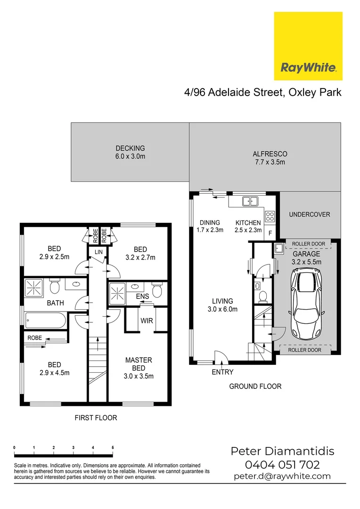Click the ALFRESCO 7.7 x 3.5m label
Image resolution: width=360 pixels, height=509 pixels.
(x=270, y=158)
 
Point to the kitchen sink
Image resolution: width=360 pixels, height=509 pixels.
(x=250, y=202)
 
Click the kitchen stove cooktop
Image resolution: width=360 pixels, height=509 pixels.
(x=270, y=216)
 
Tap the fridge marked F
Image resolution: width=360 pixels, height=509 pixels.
(x=270, y=233)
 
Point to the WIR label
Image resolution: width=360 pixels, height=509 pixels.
(x=147, y=321)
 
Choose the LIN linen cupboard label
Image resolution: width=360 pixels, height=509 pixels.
(x=98, y=252)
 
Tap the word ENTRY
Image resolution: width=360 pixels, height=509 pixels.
(x=222, y=372)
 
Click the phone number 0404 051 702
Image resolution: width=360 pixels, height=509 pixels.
(x=282, y=465)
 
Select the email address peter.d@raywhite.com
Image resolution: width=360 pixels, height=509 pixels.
(x=282, y=476)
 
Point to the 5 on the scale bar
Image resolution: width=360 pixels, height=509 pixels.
(x=112, y=447)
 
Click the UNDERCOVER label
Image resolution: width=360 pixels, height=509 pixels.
(x=309, y=214)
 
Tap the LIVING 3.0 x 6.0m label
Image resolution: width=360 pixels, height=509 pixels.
(x=223, y=305)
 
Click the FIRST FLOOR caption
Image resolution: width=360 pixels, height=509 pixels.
(x=96, y=418)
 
